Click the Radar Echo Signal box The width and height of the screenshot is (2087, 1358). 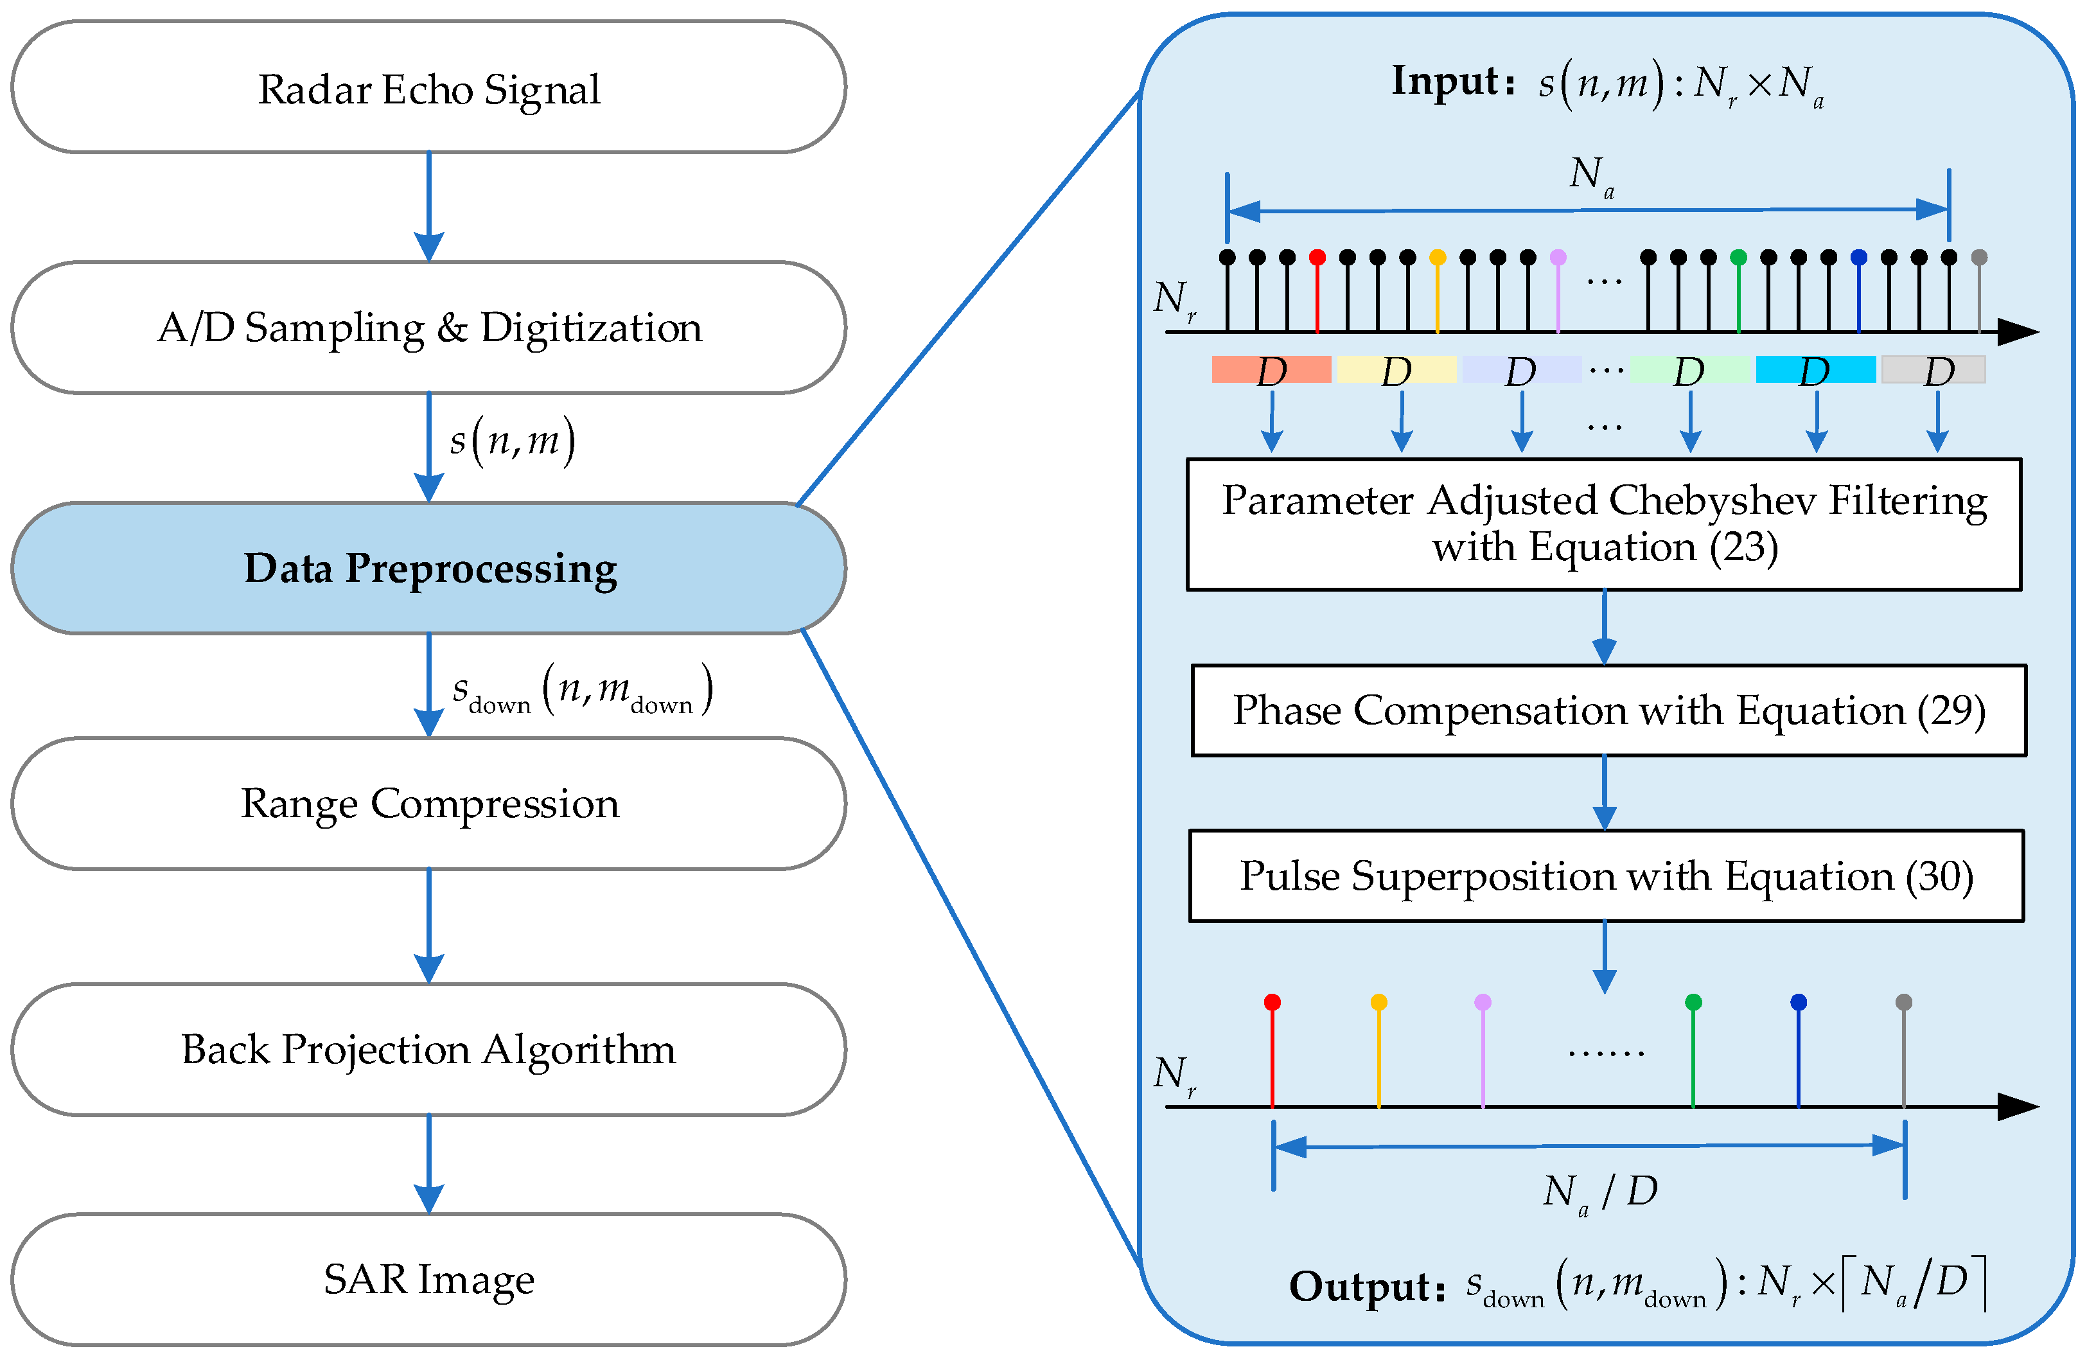(428, 87)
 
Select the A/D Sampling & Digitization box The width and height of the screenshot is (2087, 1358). (428, 327)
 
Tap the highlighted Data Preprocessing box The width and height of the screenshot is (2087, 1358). (428, 568)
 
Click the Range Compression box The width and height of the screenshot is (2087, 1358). (428, 803)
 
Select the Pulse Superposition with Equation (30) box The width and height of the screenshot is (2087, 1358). (1606, 876)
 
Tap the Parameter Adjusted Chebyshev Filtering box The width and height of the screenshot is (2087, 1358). (1604, 524)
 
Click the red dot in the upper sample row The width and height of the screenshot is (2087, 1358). (1317, 257)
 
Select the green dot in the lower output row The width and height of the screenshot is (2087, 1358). (1693, 1002)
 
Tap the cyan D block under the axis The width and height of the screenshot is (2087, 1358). (1815, 370)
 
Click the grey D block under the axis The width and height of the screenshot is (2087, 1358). (1933, 370)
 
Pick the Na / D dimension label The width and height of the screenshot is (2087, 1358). (1599, 1192)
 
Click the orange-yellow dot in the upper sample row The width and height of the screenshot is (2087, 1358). (1437, 257)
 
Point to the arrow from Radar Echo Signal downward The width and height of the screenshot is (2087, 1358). (428, 207)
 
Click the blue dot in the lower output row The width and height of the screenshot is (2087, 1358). (1799, 1002)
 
